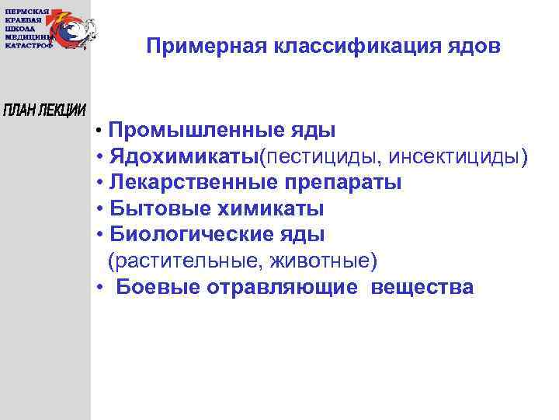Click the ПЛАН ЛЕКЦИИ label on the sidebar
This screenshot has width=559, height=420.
(x=45, y=110)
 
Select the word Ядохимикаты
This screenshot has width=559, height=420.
(x=183, y=158)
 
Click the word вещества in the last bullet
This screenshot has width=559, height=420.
(x=422, y=287)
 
